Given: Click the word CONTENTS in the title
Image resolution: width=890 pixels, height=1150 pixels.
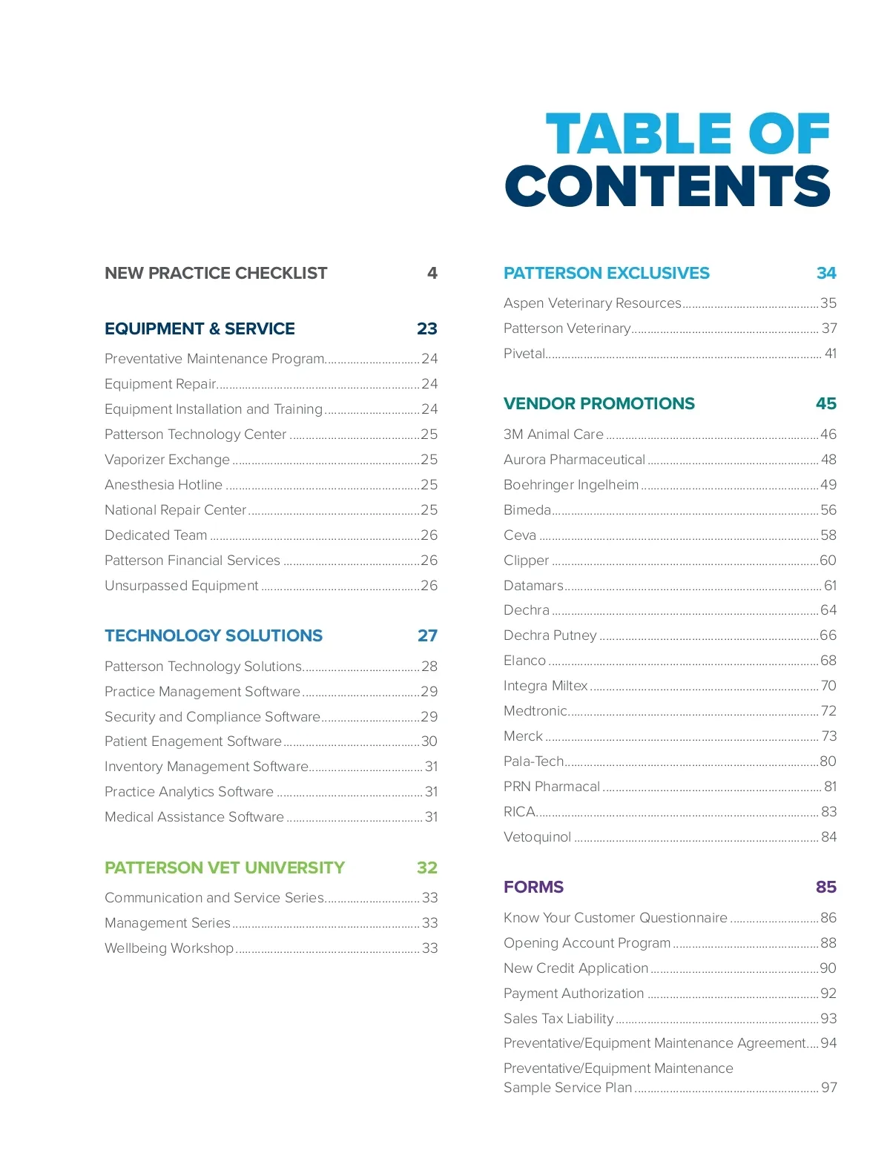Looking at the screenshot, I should coord(667,185).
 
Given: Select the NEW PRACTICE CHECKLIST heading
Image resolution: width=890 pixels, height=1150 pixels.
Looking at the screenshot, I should coord(216,274).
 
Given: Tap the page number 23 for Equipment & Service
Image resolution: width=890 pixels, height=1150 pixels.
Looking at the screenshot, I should coord(427,329).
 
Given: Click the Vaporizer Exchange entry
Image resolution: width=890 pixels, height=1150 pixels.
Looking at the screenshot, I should coord(168,460).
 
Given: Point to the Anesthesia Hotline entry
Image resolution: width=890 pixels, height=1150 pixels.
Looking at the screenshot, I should coord(164,485).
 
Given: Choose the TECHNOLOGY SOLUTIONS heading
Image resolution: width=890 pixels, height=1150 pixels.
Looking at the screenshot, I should coord(214,636).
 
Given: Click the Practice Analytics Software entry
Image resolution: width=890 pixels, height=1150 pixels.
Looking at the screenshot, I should coord(189,792).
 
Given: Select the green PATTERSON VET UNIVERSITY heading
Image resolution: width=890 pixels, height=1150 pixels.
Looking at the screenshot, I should coord(225,868).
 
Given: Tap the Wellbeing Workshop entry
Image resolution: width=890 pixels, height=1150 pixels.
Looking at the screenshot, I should coord(169,948).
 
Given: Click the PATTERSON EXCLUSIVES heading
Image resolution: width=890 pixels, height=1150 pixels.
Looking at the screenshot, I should coord(607,274).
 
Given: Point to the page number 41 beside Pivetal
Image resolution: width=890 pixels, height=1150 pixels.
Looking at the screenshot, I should coord(831,354).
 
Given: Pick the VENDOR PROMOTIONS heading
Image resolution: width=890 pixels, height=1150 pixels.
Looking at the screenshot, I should coord(599,404).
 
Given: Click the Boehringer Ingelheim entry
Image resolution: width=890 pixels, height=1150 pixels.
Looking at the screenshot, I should coord(571,485).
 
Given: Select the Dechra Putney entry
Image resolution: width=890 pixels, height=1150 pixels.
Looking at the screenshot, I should coord(550,635).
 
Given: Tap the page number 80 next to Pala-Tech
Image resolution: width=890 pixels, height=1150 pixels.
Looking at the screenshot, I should coord(828,761).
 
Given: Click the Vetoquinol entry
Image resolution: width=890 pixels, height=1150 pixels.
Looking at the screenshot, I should coord(538,837).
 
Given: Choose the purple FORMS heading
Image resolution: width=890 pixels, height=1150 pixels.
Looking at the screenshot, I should coord(534,888).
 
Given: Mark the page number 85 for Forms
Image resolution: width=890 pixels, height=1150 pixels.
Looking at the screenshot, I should coord(826,888).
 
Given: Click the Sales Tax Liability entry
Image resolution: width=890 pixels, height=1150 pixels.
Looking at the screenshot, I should coord(558,1019).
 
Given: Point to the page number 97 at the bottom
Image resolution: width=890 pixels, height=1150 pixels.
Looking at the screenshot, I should coord(829,1088).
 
